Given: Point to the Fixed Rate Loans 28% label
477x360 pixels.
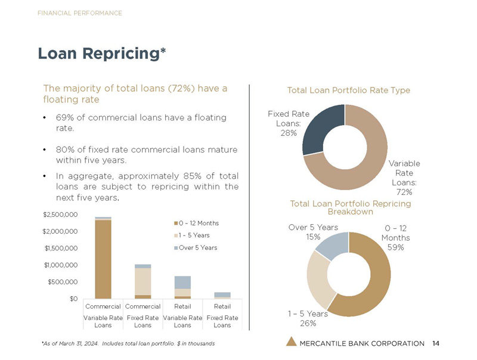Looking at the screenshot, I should click(284, 123).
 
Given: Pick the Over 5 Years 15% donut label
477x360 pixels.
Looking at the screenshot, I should click(313, 232).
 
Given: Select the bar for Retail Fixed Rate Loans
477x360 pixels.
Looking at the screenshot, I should click(222, 295).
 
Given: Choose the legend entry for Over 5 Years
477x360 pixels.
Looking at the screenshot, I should click(199, 247).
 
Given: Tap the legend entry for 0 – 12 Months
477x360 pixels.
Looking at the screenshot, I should click(199, 223).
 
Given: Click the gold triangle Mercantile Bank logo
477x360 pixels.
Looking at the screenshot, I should click(291, 342).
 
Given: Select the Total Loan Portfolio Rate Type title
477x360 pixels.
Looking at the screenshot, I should click(348, 90).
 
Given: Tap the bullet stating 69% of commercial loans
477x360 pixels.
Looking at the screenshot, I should click(140, 123).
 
